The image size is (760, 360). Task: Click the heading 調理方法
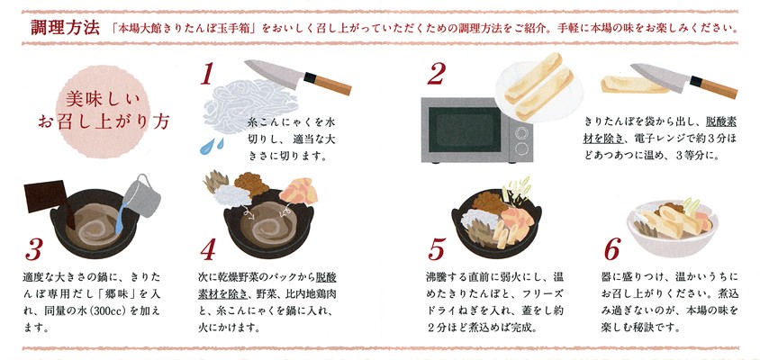[x=65, y=27]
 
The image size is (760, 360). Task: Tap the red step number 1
[x=207, y=75]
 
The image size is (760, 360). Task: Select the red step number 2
[x=436, y=75]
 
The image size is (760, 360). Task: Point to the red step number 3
[x=34, y=250]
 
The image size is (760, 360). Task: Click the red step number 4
[x=207, y=250]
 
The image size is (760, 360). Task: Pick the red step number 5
[x=436, y=250]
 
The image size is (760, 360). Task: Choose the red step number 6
[x=612, y=250]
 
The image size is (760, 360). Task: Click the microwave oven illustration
[x=476, y=130]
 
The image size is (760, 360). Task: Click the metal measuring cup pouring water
[x=141, y=195]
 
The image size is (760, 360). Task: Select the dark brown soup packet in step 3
[x=47, y=199]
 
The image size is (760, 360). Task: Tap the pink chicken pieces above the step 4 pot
[x=299, y=192]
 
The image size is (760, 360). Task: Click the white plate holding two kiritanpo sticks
[x=538, y=87]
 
